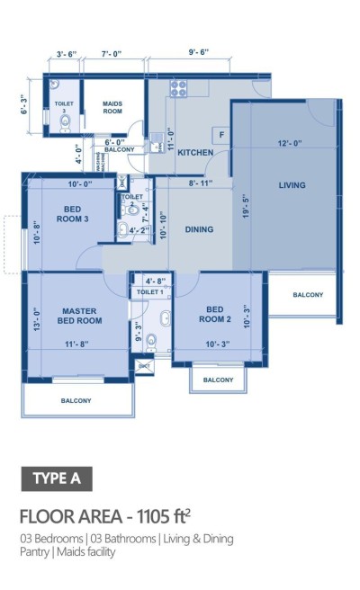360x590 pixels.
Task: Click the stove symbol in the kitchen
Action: (x=178, y=88)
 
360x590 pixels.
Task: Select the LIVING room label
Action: (x=292, y=185)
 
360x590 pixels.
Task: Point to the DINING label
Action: (x=199, y=229)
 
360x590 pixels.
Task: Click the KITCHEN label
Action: (x=195, y=153)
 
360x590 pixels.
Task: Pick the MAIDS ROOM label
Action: (x=112, y=107)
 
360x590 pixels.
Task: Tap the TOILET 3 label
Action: (x=63, y=106)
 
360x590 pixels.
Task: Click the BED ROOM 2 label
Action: (x=218, y=314)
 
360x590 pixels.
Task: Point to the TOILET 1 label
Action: (x=149, y=293)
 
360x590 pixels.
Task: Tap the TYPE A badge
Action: (x=56, y=478)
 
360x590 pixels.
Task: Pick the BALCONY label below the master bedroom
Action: (x=79, y=400)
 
